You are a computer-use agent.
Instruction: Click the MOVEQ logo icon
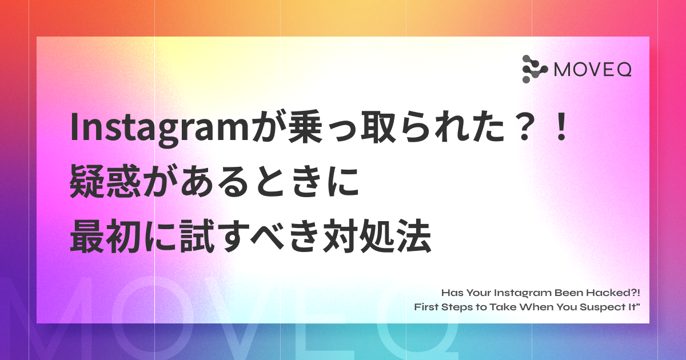535,69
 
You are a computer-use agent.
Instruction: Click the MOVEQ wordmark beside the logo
593,70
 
